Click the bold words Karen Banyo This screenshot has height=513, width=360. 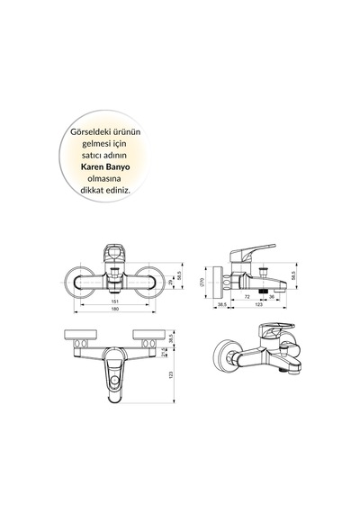tap(105, 166)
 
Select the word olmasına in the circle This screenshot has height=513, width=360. tap(104, 178)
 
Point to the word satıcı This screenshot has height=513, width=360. tap(93, 155)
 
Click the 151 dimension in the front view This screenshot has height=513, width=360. tap(115, 301)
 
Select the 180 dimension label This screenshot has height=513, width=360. tap(115, 309)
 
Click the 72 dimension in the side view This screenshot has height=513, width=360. tap(247, 297)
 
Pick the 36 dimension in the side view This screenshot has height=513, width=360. tap(272, 297)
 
